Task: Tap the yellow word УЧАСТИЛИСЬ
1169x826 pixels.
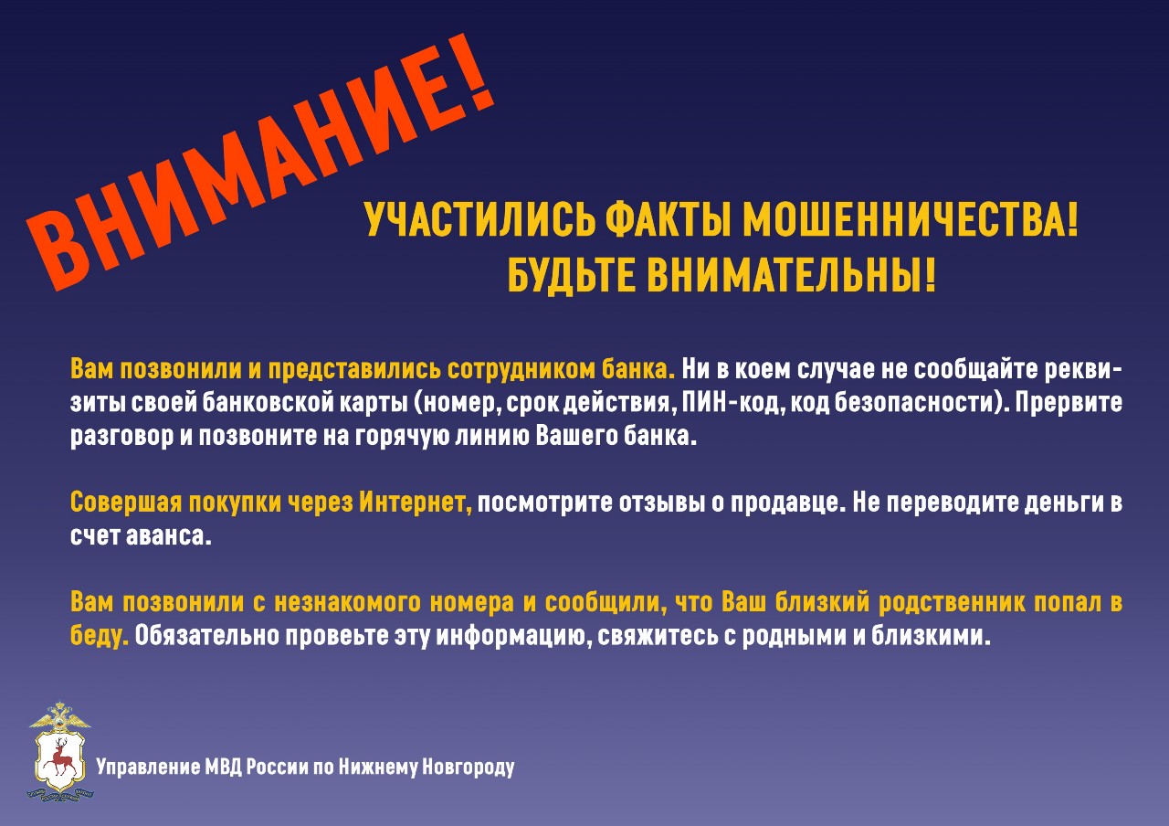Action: (x=479, y=220)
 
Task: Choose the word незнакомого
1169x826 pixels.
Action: (x=348, y=602)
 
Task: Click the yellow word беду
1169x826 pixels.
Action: (x=100, y=636)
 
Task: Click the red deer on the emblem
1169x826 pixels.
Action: (x=59, y=762)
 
